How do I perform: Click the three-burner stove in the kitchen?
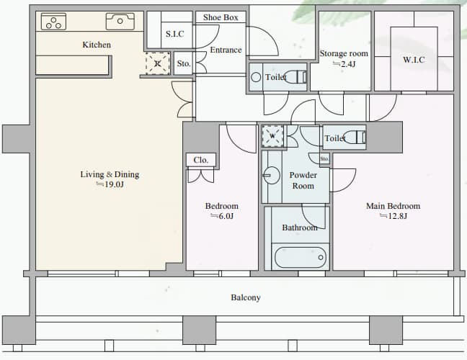point(53,22)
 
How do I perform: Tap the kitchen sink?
point(120,21)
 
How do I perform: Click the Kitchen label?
point(97,45)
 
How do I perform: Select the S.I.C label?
point(175,34)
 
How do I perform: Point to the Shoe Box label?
point(221,17)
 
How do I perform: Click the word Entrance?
point(226,50)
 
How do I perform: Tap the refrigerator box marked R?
point(158,63)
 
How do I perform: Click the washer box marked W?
point(272,136)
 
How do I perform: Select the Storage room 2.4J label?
point(344,58)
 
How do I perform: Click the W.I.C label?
point(414,60)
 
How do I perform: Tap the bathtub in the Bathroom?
point(301,257)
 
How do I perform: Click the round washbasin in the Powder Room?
point(271,175)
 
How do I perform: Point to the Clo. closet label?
point(201,160)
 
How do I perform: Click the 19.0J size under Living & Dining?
point(110,184)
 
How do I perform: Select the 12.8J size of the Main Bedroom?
point(393,216)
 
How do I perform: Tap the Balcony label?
point(246,297)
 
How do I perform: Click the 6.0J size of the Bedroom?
point(222,216)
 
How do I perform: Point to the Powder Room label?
point(303,180)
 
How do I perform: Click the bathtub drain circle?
point(321,257)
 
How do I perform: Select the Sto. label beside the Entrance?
point(184,63)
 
